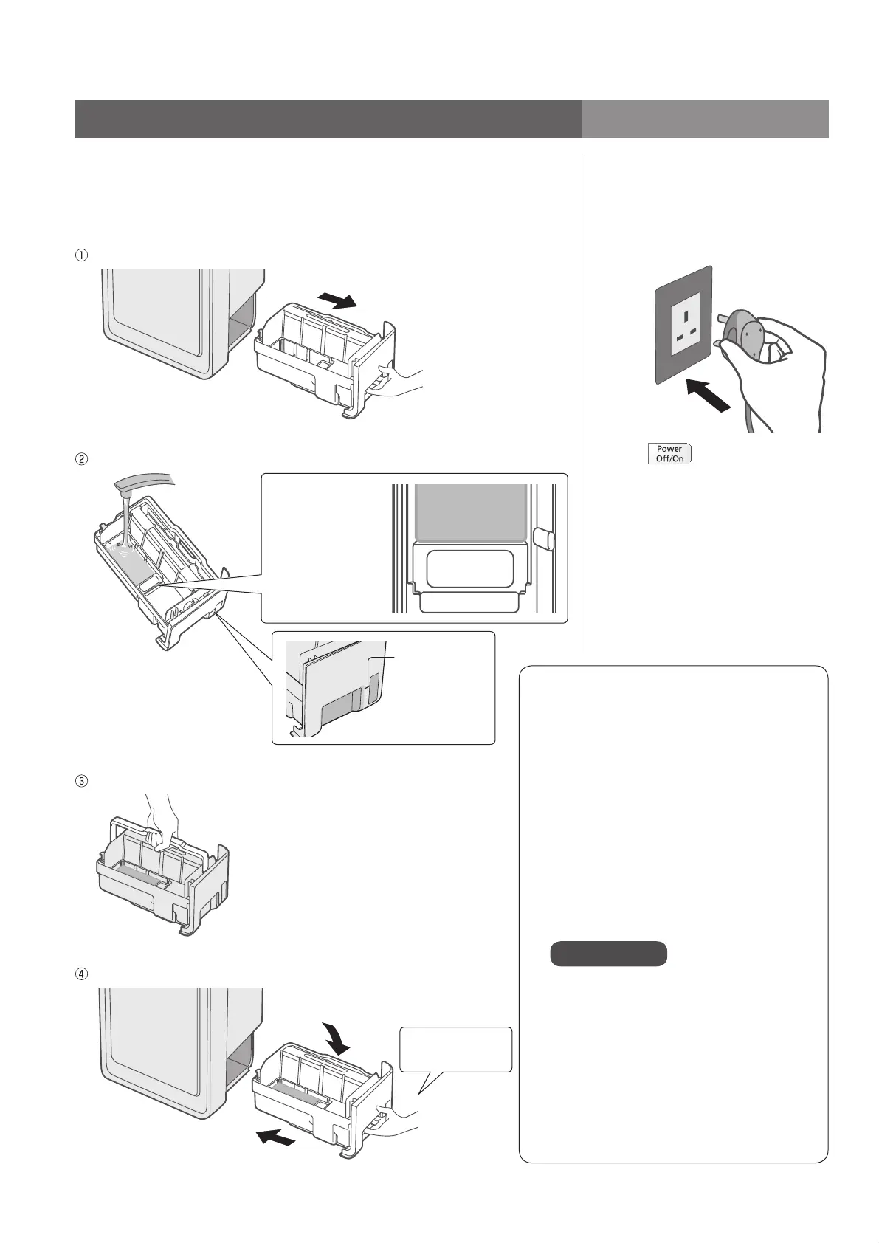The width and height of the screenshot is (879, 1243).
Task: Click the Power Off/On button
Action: click(669, 453)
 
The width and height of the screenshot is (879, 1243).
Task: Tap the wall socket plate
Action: click(683, 325)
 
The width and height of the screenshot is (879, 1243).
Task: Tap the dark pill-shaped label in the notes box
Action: click(608, 954)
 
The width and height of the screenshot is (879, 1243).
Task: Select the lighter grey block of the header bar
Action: click(704, 119)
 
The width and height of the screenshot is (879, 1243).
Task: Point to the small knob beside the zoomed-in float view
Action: click(543, 538)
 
